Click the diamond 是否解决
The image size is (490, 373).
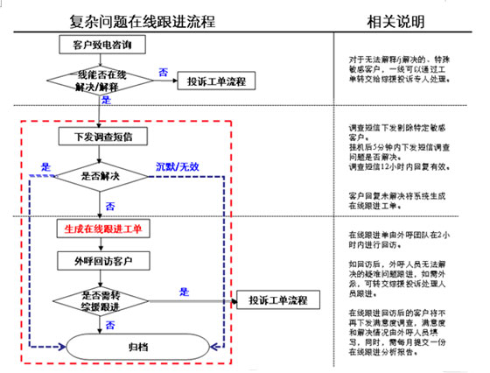click(x=99, y=176)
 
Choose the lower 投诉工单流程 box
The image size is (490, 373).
click(x=277, y=301)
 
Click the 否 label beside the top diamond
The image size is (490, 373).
click(x=163, y=71)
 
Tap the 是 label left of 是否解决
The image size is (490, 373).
click(x=46, y=165)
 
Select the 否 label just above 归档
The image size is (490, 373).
click(x=109, y=325)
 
